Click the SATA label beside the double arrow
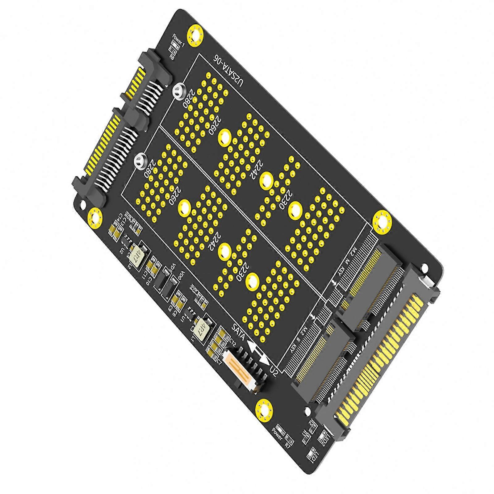click(x=239, y=332)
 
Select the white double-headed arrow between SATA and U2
click(x=258, y=350)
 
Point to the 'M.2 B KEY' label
click(x=298, y=341)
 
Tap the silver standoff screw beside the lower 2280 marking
click(x=139, y=160)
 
